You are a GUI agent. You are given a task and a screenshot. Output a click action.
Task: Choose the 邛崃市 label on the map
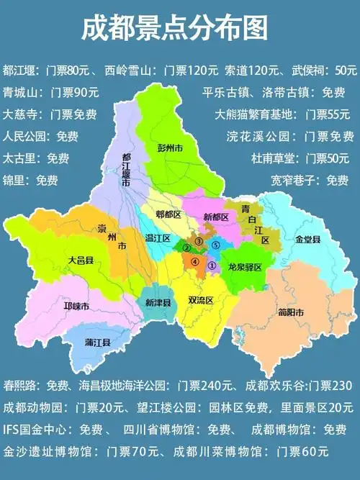click(76, 307)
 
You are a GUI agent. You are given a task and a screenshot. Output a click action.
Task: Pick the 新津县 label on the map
click(158, 303)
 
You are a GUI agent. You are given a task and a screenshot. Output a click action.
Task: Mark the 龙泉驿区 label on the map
click(244, 266)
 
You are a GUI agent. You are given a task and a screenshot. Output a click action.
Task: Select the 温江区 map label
click(157, 238)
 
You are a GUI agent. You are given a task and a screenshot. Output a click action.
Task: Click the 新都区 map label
click(215, 217)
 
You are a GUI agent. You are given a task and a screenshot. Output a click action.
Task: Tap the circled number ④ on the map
click(194, 262)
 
